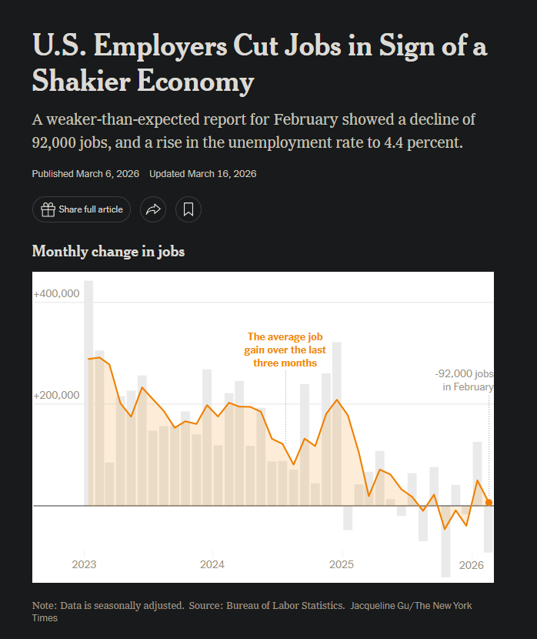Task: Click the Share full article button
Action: click(x=82, y=209)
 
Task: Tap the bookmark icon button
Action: click(x=188, y=209)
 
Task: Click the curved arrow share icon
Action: click(x=153, y=209)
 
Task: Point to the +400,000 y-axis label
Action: click(x=57, y=294)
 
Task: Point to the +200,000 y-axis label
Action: click(x=57, y=395)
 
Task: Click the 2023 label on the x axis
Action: click(x=84, y=565)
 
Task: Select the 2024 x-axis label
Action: click(x=212, y=565)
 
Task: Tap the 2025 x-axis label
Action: click(x=341, y=565)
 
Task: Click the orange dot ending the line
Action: click(x=489, y=503)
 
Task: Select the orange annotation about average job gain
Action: click(x=285, y=350)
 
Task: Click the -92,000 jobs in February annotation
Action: click(x=465, y=380)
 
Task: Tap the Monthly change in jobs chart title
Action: click(x=108, y=251)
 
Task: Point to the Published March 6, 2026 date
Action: click(x=85, y=173)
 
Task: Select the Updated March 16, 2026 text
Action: click(x=202, y=173)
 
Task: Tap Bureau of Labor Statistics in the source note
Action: click(x=285, y=606)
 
